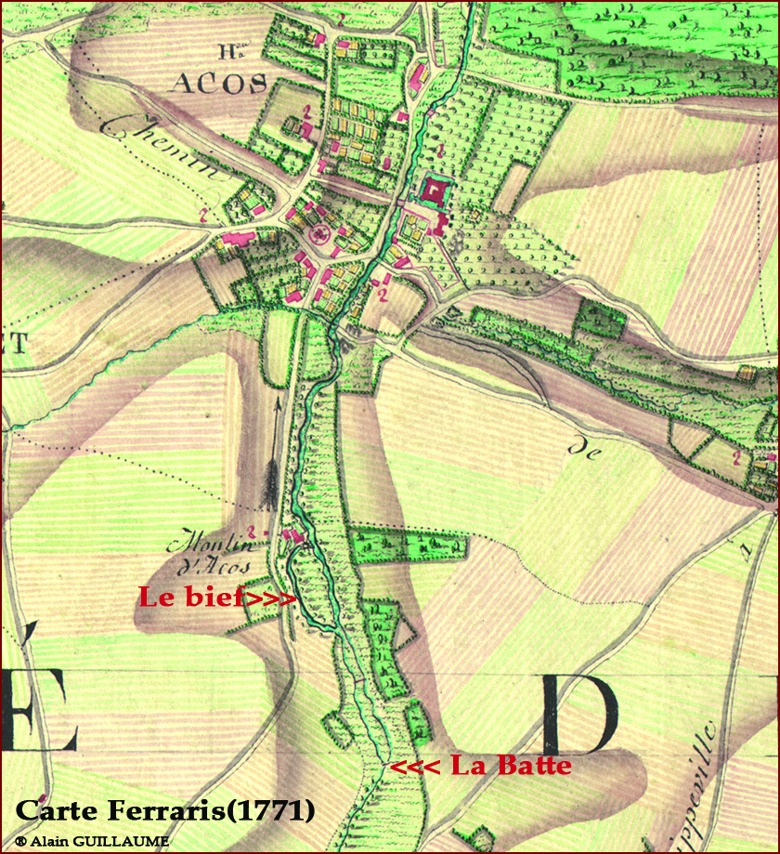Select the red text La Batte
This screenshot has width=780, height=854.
[x=510, y=766]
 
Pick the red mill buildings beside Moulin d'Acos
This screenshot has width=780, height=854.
[x=293, y=536]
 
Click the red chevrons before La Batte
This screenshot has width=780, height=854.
[x=415, y=768]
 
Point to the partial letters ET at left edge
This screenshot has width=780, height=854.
[x=15, y=343]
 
